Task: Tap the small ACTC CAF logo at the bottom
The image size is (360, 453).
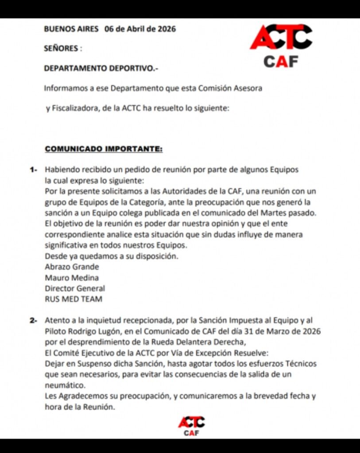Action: click(191, 426)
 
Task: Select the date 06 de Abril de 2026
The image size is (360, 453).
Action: click(140, 29)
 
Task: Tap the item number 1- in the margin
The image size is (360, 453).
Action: click(35, 170)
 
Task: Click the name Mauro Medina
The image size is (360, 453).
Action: click(72, 278)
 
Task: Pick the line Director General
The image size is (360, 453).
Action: click(75, 288)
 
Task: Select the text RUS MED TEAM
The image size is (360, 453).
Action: click(74, 299)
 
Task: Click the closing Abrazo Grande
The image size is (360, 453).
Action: click(72, 267)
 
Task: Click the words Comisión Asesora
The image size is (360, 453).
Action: click(230, 88)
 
